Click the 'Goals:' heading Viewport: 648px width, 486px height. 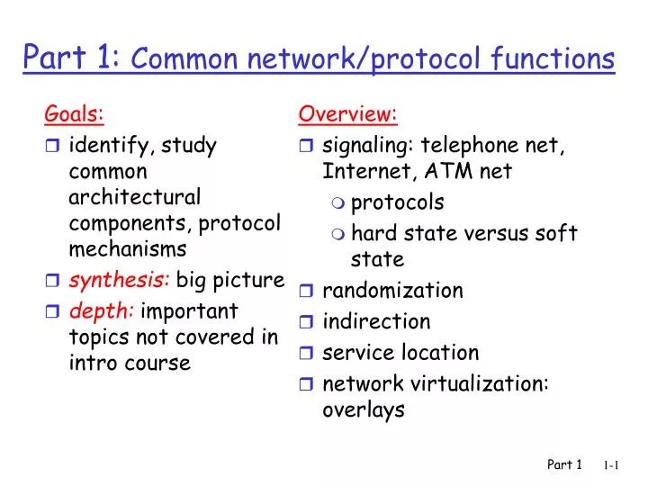75,115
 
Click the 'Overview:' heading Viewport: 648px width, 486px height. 347,115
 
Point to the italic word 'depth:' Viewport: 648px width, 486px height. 102,311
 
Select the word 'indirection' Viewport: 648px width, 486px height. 376,321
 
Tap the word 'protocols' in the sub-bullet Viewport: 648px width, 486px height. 397,202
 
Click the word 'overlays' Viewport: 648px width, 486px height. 364,410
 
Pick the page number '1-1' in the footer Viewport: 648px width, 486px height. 614,465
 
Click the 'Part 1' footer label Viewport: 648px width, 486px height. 565,465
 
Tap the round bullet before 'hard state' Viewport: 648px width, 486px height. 337,234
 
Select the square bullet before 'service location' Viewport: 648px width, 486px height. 306,353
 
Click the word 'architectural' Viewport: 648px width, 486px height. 134,196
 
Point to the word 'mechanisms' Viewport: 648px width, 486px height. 128,248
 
